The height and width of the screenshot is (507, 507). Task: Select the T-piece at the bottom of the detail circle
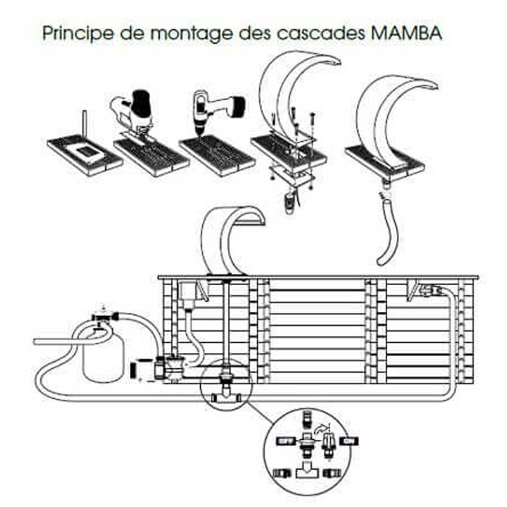pyautogui.click(x=305, y=472)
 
